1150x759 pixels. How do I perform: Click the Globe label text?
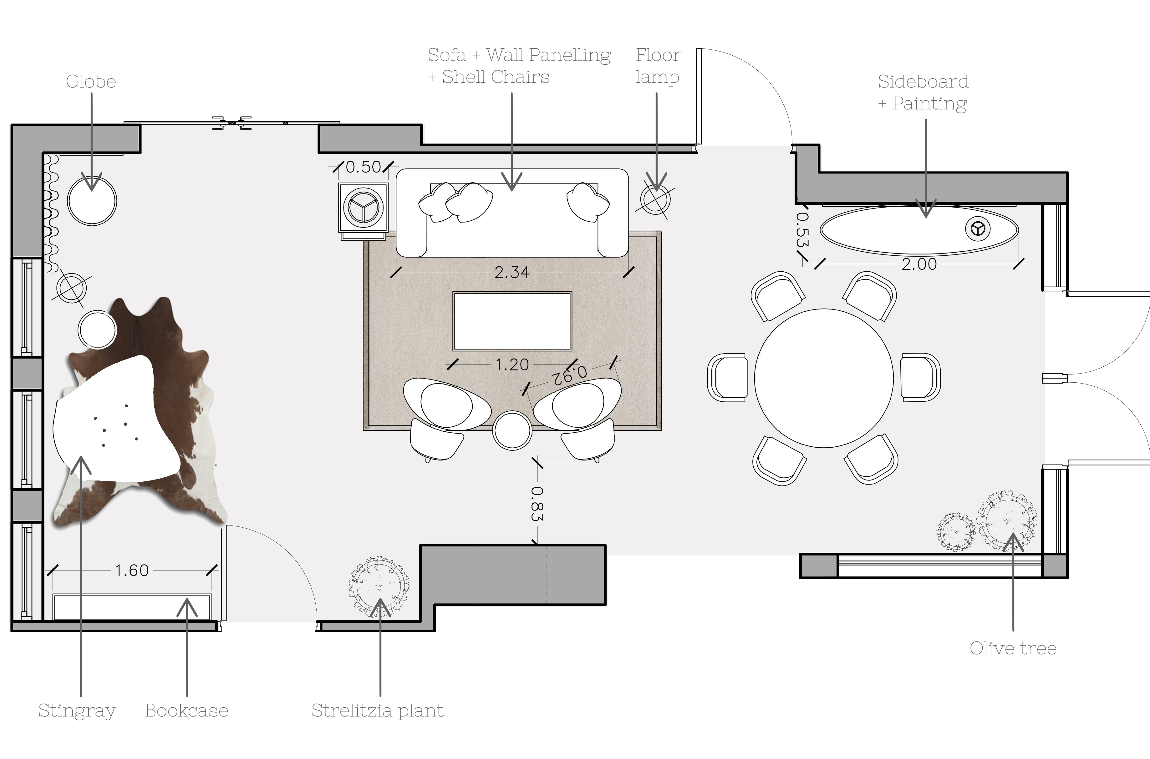click(91, 82)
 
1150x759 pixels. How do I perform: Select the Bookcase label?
click(186, 711)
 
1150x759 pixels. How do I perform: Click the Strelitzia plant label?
click(377, 711)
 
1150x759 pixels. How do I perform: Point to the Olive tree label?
click(1013, 648)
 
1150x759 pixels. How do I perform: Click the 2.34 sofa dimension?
click(512, 273)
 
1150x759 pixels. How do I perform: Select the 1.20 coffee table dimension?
click(512, 364)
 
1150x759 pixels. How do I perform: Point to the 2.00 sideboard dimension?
click(919, 264)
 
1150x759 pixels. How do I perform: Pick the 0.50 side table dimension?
click(363, 167)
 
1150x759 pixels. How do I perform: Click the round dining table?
click(823, 378)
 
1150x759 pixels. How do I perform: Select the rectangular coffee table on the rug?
click(512, 321)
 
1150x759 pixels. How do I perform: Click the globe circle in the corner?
click(92, 200)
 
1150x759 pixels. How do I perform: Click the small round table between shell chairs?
click(512, 430)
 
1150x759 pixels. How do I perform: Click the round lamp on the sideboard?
click(978, 229)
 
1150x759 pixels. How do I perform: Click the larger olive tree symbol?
click(1007, 522)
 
